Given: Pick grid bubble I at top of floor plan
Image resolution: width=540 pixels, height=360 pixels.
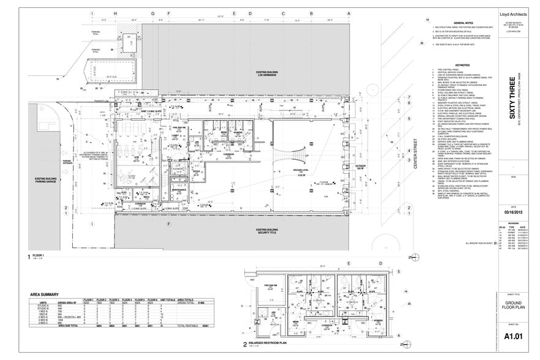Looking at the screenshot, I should pos(92,13).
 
